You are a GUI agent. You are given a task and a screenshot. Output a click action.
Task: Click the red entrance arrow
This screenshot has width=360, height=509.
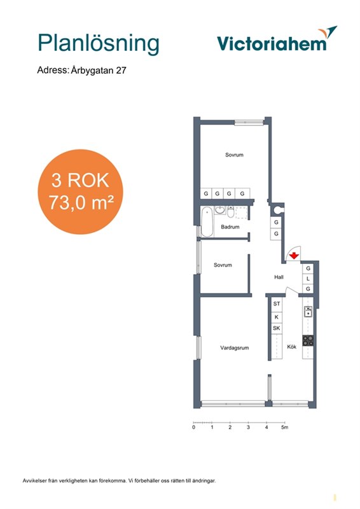tap(294, 256)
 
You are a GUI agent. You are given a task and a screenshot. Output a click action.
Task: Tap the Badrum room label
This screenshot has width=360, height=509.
tap(230, 227)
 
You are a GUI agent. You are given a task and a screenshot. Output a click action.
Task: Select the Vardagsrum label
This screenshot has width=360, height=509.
tap(234, 347)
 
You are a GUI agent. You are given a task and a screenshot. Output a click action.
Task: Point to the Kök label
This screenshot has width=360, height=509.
tap(291, 347)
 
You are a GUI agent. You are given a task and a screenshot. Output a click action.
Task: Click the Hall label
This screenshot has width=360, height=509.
tap(279, 277)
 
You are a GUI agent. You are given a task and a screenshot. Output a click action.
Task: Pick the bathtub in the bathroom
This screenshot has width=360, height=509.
tap(207, 221)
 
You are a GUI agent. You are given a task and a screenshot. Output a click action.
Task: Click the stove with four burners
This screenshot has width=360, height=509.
tap(308, 340)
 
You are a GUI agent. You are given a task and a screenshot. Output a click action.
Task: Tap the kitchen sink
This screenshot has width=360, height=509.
tap(308, 312)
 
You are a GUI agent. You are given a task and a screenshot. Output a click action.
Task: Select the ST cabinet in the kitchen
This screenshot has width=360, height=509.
tap(277, 304)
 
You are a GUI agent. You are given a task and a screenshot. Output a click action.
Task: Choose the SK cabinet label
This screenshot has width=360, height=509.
tap(276, 328)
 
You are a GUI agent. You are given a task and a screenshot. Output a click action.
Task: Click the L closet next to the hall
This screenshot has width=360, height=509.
tap(308, 279)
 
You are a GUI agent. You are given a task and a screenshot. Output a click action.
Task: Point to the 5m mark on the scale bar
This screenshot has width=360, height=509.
tap(284, 427)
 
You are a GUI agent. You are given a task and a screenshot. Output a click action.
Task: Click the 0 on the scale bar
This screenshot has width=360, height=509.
tap(194, 427)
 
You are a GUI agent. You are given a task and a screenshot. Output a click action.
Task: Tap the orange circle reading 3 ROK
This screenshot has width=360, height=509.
tap(81, 192)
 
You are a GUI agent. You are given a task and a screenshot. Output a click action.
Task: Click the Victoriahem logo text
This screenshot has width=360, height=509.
tap(272, 44)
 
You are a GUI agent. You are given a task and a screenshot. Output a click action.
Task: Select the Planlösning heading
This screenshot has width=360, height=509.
tap(99, 44)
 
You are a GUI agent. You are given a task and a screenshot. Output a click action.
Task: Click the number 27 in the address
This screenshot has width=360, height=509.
tap(121, 70)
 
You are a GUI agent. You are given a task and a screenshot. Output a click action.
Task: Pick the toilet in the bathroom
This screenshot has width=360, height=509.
tap(230, 212)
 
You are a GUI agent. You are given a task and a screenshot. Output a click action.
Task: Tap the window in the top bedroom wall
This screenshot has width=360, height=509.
tap(249, 122)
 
